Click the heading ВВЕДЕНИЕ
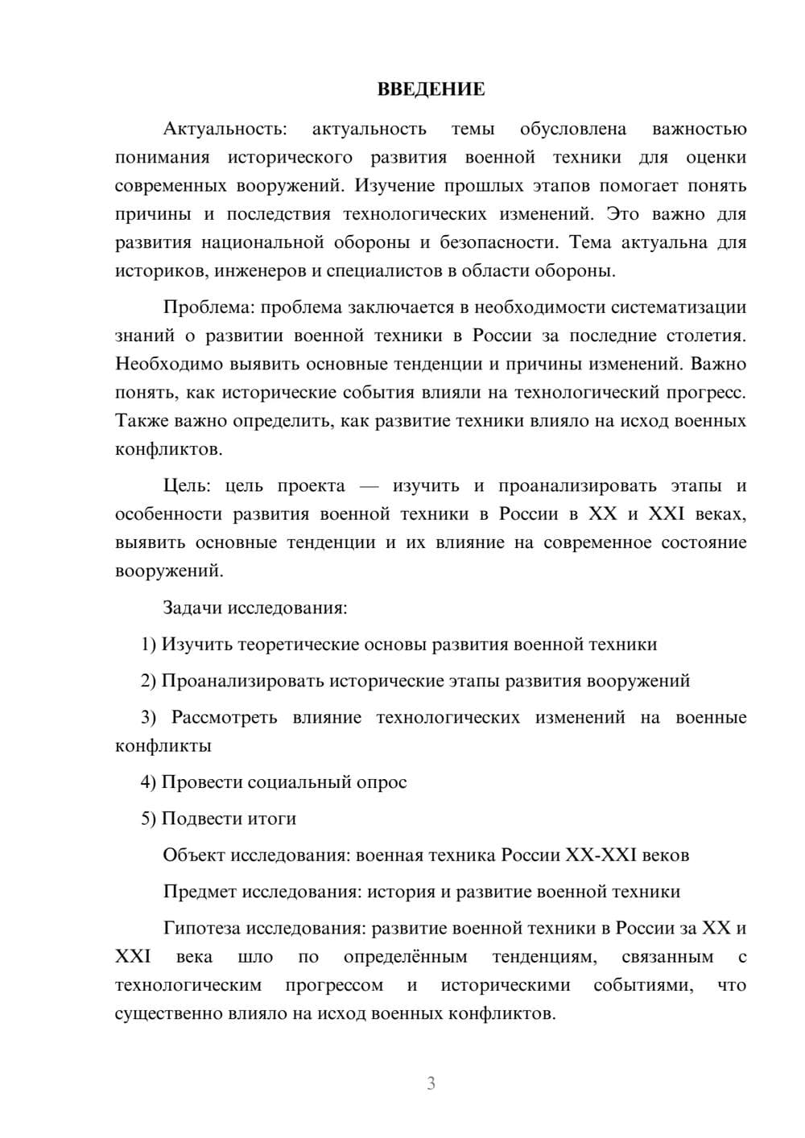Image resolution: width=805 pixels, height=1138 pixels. pyautogui.click(x=431, y=89)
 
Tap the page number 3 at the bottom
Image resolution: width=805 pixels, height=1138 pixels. pyautogui.click(x=431, y=1083)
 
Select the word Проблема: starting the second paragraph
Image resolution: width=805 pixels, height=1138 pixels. pyautogui.click(x=210, y=307)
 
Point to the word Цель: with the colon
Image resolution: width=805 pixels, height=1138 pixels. pyautogui.click(x=187, y=486)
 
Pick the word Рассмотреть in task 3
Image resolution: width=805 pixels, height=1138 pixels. pyautogui.click(x=224, y=718)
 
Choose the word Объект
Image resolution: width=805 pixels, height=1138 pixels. pyautogui.click(x=194, y=856)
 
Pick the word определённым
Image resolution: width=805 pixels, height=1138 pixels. pyautogui.click(x=405, y=957)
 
